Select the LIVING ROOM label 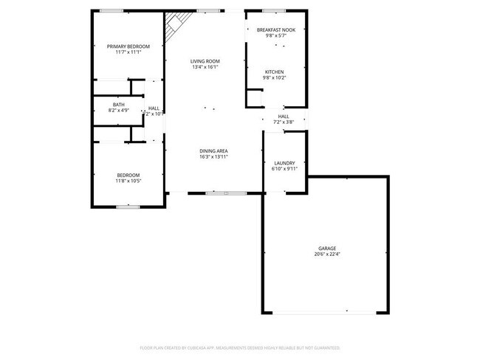coord(205,61)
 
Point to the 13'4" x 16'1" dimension coord(205,67)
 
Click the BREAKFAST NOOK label coord(275,30)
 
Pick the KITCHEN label coord(274,72)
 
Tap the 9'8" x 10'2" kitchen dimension coord(274,77)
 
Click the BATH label coord(118,105)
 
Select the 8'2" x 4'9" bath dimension coord(118,111)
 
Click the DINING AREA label coord(213,151)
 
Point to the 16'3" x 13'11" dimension coord(213,157)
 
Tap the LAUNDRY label coord(284,163)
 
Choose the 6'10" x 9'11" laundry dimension coord(284,169)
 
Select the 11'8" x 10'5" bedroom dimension coord(128,181)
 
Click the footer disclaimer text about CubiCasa coord(239,347)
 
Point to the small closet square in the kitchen coord(254,98)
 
